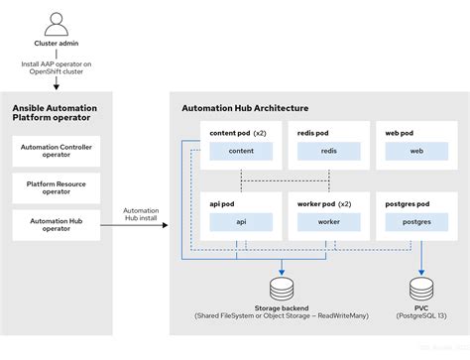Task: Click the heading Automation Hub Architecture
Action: pos(245,108)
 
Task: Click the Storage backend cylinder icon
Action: pos(282,289)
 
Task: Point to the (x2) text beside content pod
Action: pos(261,132)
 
